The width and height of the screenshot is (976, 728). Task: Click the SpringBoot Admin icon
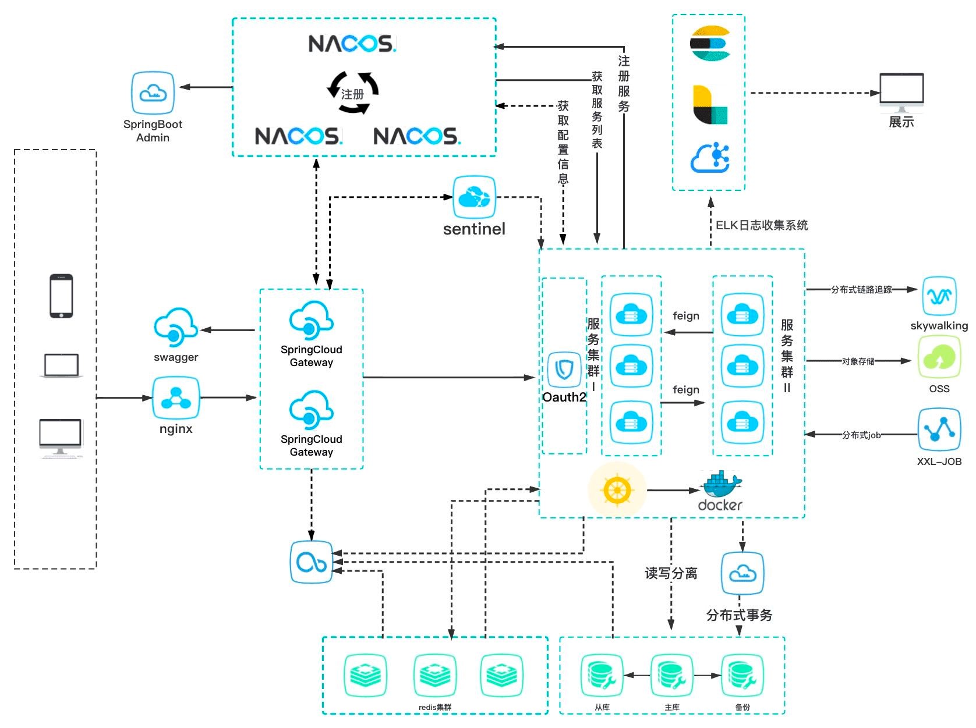pos(153,93)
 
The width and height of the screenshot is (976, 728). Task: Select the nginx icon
pos(176,398)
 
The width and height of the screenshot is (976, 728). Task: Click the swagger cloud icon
pos(175,328)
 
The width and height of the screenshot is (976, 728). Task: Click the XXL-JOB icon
pos(939,430)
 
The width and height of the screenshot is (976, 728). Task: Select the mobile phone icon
pos(61,296)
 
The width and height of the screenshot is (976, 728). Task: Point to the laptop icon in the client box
pos(61,366)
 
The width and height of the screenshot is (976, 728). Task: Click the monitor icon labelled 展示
pos(901,92)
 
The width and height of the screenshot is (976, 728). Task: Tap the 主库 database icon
pos(671,676)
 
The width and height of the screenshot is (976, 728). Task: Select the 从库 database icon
pos(602,676)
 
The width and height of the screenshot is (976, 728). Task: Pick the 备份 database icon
pos(742,676)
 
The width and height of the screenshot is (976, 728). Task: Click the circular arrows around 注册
pos(353,93)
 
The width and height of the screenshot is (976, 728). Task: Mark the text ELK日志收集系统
pos(762,225)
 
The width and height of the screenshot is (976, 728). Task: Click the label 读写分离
pos(671,573)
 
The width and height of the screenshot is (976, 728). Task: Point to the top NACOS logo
pos(352,44)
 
